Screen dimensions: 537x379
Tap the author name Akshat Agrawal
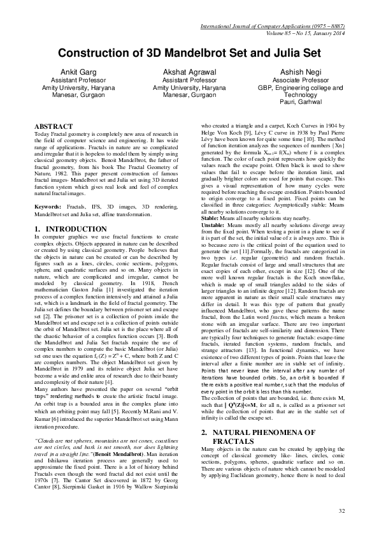click(x=189, y=72)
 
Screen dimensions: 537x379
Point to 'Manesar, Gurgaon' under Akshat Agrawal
click(x=189, y=94)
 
